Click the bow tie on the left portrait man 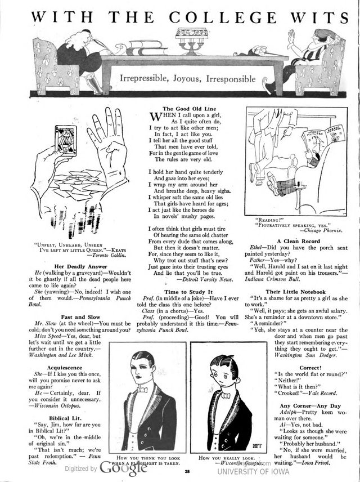point(142,389)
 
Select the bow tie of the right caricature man point(226,395)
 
